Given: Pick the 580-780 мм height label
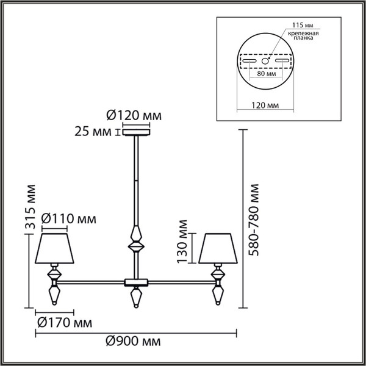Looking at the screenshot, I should [254, 220].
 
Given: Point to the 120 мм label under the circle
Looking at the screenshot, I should [265, 105].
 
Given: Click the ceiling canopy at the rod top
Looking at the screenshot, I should [136, 131].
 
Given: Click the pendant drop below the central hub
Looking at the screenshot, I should [136, 298].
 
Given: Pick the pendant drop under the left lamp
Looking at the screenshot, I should [54, 296].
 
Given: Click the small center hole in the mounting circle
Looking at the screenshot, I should [265, 61].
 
